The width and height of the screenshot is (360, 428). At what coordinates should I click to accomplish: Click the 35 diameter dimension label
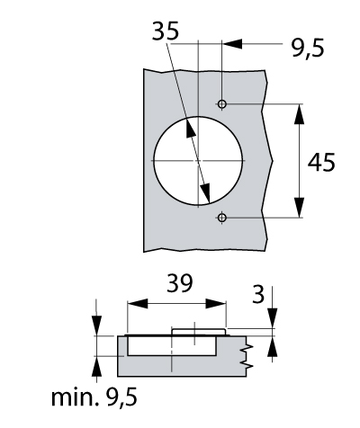coord(166,31)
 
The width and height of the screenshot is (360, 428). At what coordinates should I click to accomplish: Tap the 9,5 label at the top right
coord(308,48)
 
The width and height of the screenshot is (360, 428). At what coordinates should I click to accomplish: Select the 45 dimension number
coord(321,162)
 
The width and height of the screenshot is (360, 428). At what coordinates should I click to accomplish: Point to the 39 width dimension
coord(179,283)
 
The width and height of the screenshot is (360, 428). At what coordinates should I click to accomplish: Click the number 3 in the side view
coord(258,294)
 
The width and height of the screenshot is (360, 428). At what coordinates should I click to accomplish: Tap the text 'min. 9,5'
coord(94,397)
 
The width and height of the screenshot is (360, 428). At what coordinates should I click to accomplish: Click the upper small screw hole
coord(222,104)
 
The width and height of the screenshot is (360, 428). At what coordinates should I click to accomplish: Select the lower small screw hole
coord(222,218)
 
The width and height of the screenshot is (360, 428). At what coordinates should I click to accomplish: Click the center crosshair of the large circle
coord(198,161)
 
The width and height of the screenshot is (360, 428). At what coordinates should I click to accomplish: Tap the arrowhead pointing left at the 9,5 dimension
coord(232,44)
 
